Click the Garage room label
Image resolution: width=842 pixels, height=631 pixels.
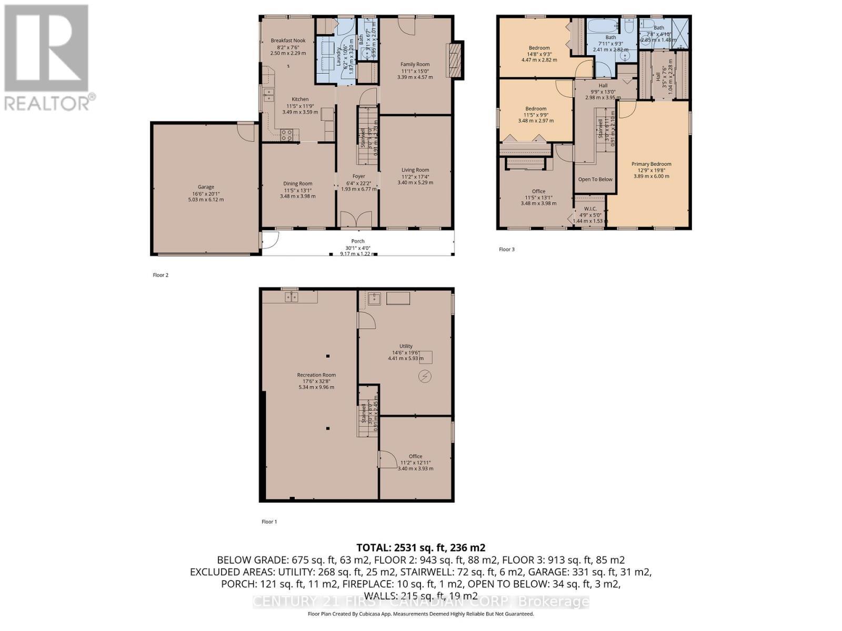(x=206, y=187)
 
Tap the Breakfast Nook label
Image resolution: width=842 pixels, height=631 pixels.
(x=288, y=40)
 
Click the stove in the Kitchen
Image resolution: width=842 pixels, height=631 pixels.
(x=287, y=135)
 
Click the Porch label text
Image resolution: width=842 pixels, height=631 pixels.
(x=358, y=241)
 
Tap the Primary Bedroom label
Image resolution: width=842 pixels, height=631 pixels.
(x=651, y=164)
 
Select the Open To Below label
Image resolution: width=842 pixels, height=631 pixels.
(x=595, y=179)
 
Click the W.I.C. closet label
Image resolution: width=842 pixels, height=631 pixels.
(x=590, y=209)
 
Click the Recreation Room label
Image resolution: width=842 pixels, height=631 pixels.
(x=316, y=375)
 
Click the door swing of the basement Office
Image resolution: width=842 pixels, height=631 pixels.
(x=388, y=460)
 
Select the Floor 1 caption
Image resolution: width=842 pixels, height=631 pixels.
(x=269, y=522)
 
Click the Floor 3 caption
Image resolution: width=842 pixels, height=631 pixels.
(x=506, y=249)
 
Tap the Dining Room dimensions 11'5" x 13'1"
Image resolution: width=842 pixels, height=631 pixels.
(x=298, y=190)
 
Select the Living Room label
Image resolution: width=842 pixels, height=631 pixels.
(x=415, y=170)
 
